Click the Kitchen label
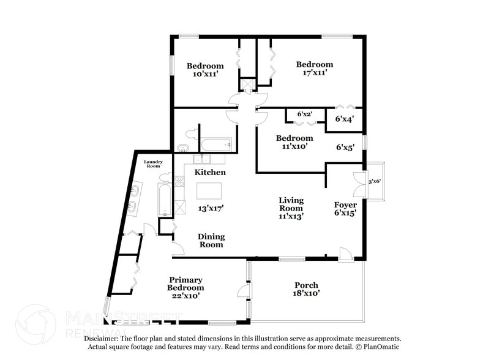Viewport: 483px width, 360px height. coord(210,172)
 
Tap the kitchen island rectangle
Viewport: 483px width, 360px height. coord(209,191)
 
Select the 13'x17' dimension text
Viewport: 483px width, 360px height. coord(211,209)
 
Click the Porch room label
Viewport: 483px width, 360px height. coord(306,285)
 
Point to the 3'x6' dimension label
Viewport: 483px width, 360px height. coord(375,181)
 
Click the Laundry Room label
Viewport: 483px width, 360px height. coord(153,164)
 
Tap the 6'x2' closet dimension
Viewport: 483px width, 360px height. coord(305,114)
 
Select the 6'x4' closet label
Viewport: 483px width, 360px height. coord(345,119)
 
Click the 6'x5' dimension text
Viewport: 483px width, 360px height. coord(345,147)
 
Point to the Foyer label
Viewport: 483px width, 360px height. coord(345,204)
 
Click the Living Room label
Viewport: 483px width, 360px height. coord(291,204)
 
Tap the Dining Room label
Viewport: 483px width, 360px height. coord(211,241)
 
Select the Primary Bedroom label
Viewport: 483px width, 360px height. coord(185,283)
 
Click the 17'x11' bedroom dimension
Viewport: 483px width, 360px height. coord(315,73)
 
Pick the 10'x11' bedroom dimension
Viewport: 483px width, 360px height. coord(206,74)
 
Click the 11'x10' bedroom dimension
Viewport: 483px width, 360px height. coord(294,146)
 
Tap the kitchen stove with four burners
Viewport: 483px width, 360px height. coord(179,181)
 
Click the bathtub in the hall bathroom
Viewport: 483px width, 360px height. coord(215,144)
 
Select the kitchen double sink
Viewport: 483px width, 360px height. coord(202,159)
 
